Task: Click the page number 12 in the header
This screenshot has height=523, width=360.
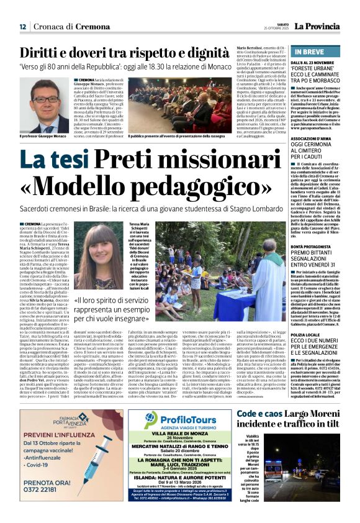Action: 22,27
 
